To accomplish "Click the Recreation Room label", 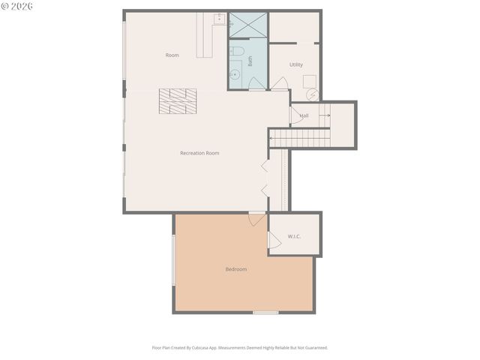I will pyautogui.click(x=199, y=153).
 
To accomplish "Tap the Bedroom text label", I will pyautogui.click(x=236, y=269).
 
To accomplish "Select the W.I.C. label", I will pyautogui.click(x=294, y=237).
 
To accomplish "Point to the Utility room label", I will pyautogui.click(x=295, y=64).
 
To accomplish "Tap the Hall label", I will pyautogui.click(x=304, y=115).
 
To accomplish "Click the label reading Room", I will pyautogui.click(x=172, y=55).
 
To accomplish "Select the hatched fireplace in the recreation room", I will pyautogui.click(x=178, y=101).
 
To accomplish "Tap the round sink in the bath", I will pyautogui.click(x=234, y=75).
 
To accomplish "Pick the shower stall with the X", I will pyautogui.click(x=247, y=25).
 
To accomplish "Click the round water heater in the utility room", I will pyautogui.click(x=313, y=95).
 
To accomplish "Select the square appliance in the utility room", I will pyautogui.click(x=309, y=80).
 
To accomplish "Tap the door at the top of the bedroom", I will pyautogui.click(x=256, y=219).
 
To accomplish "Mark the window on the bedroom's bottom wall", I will pyautogui.click(x=265, y=312).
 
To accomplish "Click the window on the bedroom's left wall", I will pyautogui.click(x=174, y=259).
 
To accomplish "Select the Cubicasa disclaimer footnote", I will pyautogui.click(x=240, y=348).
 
